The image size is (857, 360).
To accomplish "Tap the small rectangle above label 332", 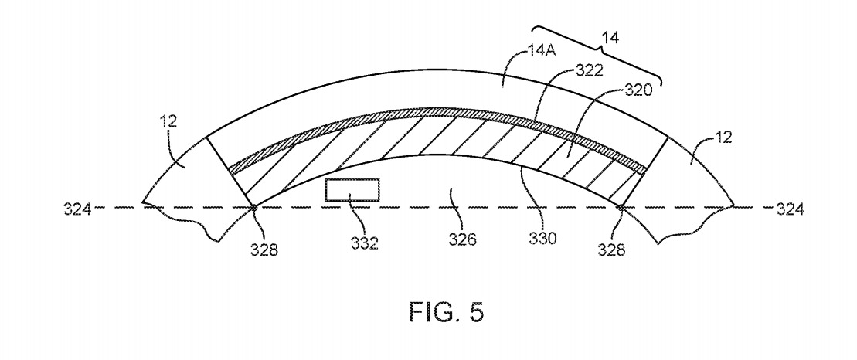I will (352, 190).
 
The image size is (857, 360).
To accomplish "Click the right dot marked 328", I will (621, 207).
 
